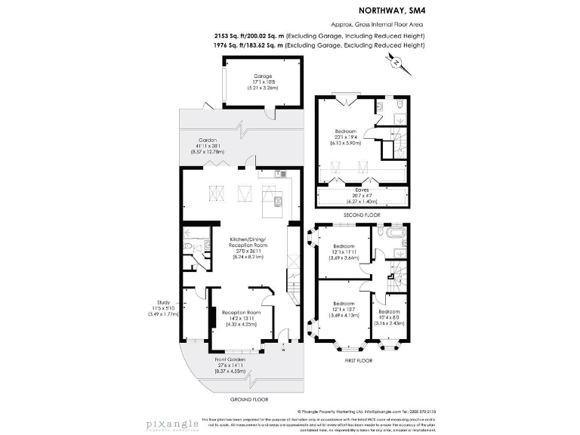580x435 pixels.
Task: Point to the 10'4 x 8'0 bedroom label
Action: [389, 316]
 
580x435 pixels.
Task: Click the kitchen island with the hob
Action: [272, 202]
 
